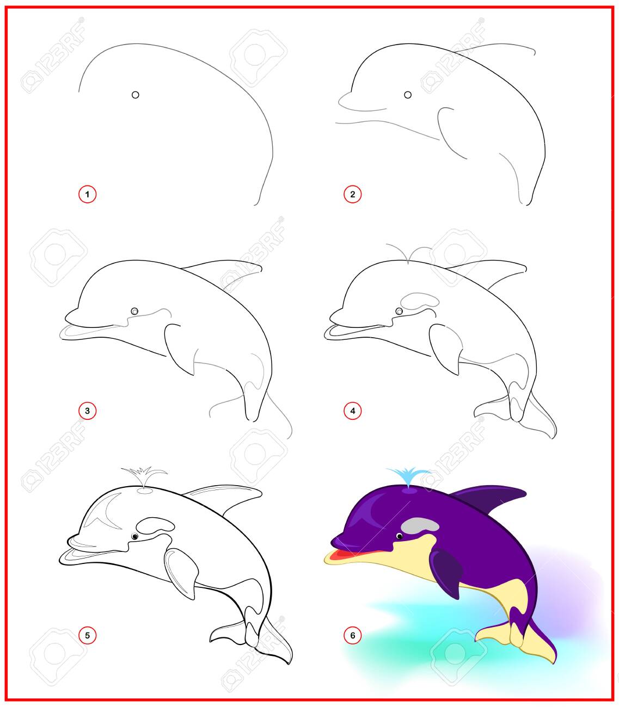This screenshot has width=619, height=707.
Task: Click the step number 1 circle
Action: pos(87,194)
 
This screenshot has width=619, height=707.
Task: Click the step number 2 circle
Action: pos(352,194)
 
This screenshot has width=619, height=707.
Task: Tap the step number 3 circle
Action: pos(87,411)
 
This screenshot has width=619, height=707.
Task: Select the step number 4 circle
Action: pos(352,411)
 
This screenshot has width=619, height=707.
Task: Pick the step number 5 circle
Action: pos(87,635)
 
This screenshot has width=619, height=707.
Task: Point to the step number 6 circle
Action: pos(352,635)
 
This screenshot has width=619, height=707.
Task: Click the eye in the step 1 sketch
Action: pos(135,95)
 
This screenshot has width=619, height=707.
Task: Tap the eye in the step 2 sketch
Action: pos(408,95)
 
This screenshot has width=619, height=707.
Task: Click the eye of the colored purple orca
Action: pos(400,536)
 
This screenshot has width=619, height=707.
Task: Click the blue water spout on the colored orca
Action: pos(408,476)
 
